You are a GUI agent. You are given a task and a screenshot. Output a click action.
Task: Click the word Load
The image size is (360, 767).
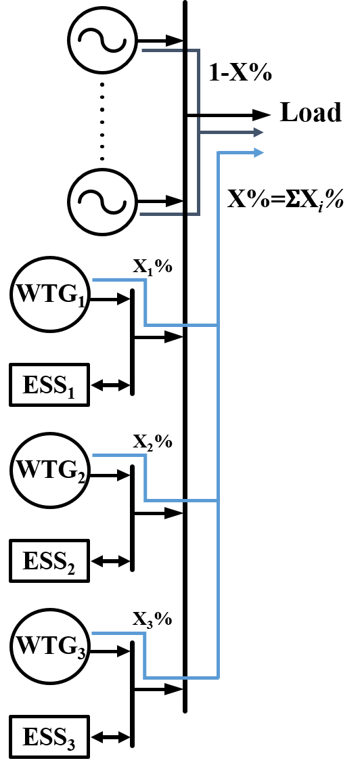[x=311, y=112]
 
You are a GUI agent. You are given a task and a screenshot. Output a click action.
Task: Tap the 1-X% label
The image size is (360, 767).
[x=240, y=73]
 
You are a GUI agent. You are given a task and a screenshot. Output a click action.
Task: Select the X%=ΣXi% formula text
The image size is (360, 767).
[x=286, y=200]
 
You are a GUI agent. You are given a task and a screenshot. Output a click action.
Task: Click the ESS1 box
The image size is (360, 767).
[x=49, y=385]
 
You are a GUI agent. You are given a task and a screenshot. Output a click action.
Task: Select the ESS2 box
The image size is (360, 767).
[x=49, y=561]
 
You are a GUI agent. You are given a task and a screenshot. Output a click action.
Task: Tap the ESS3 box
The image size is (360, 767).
[x=49, y=737]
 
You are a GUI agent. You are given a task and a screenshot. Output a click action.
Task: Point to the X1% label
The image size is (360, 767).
[x=152, y=268]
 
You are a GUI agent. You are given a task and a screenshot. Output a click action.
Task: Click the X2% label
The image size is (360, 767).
[x=152, y=443]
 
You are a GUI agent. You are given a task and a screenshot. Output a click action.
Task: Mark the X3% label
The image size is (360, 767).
[x=152, y=620]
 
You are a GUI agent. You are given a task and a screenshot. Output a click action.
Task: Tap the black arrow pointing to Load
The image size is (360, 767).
[x=228, y=116]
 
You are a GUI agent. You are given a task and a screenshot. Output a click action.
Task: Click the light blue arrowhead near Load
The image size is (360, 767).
[x=258, y=152]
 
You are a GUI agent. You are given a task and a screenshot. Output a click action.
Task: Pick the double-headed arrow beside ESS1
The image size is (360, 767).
[x=111, y=386]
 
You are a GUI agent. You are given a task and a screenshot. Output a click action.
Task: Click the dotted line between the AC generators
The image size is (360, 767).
[x=102, y=120]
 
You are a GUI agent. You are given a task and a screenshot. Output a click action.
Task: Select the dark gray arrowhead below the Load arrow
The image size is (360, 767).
[x=258, y=132]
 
